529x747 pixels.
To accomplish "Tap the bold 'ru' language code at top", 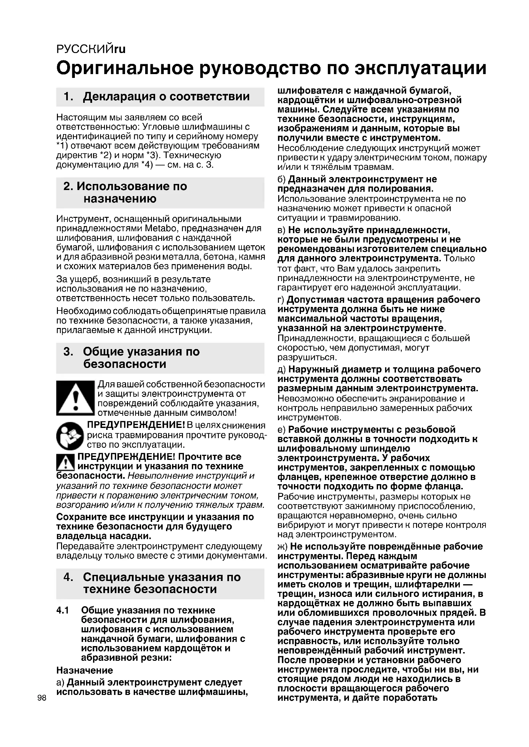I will click(x=120, y=49).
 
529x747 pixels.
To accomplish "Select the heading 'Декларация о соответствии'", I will click(x=166, y=96).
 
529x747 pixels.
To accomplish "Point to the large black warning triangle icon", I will click(x=75, y=398).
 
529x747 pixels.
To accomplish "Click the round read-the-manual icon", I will click(x=70, y=436).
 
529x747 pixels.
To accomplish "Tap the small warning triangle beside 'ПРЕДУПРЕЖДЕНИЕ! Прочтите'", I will click(x=66, y=462).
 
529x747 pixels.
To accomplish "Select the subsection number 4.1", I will click(x=63, y=610).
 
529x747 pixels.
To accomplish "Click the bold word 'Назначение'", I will click(x=85, y=670).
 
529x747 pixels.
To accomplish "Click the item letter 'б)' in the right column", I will click(x=281, y=179).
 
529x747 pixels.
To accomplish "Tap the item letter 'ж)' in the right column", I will click(x=282, y=546).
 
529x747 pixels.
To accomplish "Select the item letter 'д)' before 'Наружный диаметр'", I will click(x=281, y=370).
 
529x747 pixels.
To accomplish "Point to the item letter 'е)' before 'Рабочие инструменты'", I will click(x=281, y=430).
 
